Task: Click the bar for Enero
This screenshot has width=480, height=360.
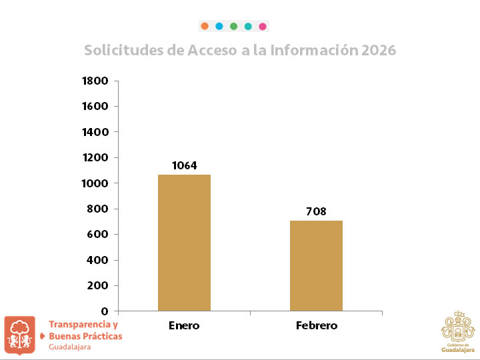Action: (x=184, y=243)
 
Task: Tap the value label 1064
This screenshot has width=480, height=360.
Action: (x=184, y=165)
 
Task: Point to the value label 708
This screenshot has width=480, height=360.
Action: (x=316, y=211)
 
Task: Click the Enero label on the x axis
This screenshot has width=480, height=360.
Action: (x=184, y=326)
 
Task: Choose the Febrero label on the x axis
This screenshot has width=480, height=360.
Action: (x=316, y=326)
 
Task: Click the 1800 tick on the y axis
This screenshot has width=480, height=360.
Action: (x=95, y=81)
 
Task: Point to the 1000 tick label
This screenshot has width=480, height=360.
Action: (x=95, y=183)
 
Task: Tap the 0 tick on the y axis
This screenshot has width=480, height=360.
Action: (x=104, y=311)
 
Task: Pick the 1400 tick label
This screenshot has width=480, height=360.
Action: (x=95, y=132)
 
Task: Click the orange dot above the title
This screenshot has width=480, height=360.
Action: (x=205, y=27)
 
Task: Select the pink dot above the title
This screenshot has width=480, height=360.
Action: (x=263, y=27)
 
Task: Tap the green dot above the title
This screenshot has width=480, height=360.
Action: (x=233, y=27)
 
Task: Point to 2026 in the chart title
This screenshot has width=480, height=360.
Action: (x=378, y=51)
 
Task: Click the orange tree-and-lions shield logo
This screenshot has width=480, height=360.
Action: (x=20, y=335)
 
